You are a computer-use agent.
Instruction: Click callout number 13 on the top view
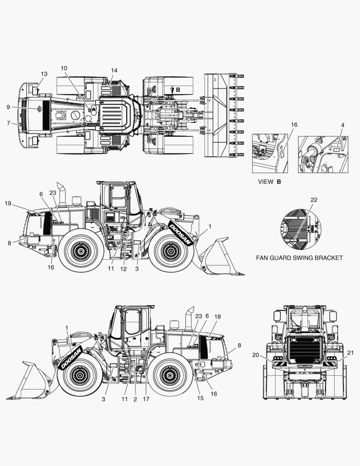[x=44, y=74]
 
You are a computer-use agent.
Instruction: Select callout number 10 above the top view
[x=64, y=68]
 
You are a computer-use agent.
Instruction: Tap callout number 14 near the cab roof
[x=114, y=70]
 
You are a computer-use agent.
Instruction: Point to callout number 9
[x=8, y=107]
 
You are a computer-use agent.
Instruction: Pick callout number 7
[x=8, y=123]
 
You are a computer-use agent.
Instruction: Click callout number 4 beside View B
[x=342, y=125]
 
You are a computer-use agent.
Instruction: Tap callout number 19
[x=8, y=203]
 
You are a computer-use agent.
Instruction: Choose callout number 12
[x=124, y=269]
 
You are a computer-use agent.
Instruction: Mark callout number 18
[x=217, y=317]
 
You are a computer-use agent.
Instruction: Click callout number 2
[x=135, y=399]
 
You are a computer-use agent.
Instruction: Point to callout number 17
[x=146, y=399]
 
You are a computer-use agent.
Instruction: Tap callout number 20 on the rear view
[x=256, y=355]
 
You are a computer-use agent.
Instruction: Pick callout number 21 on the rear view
[x=350, y=353]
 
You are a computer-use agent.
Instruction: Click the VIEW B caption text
[x=269, y=182]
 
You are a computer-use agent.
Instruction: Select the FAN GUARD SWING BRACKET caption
[x=299, y=258]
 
